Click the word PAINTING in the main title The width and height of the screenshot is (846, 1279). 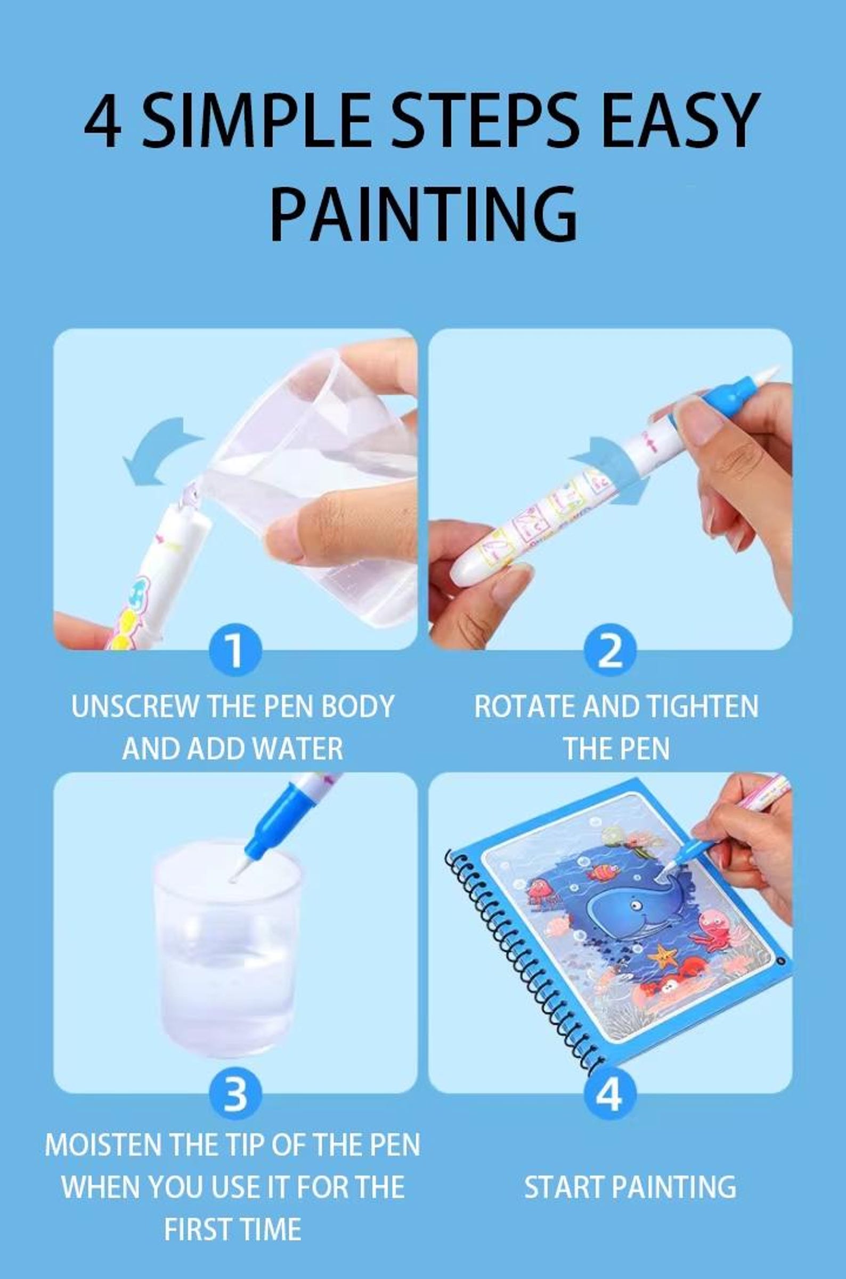click(423, 214)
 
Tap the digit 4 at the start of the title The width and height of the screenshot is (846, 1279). click(102, 122)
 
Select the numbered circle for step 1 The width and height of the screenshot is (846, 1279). click(235, 651)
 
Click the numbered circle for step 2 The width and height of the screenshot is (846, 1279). click(609, 651)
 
